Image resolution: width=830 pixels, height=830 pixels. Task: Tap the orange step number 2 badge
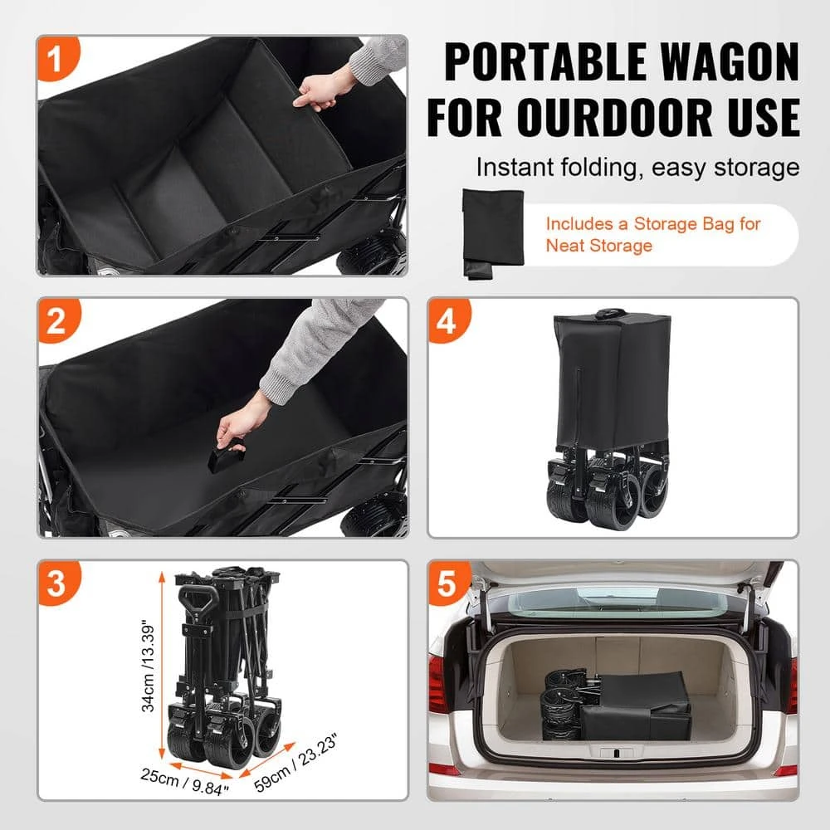tap(56, 321)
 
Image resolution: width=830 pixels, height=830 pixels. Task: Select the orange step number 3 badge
tap(56, 583)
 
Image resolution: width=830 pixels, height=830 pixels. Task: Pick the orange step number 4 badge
tap(447, 321)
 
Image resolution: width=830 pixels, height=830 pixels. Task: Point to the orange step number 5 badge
tap(447, 583)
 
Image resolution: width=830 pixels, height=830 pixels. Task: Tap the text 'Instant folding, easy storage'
tap(637, 167)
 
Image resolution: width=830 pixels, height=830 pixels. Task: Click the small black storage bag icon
tap(492, 233)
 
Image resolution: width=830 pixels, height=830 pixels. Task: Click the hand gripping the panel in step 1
tap(320, 91)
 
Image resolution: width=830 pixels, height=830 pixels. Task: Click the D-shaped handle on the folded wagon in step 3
tap(198, 598)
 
